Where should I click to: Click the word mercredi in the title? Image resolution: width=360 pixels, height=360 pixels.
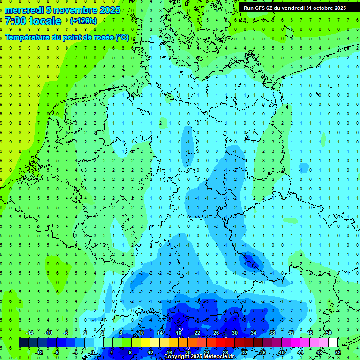(x=24, y=10)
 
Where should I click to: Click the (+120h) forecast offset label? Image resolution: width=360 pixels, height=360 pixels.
(x=83, y=21)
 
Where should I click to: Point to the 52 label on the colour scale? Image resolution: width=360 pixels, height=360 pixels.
(x=338, y=352)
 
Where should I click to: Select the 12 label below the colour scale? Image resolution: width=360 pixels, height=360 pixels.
(x=150, y=352)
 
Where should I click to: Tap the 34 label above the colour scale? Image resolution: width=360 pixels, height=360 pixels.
(x=254, y=333)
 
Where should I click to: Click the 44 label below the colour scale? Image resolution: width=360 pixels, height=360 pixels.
(x=300, y=352)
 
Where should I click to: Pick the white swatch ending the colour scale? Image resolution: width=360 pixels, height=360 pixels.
(x=333, y=343)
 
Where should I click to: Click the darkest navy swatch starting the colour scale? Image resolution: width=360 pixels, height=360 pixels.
(x=23, y=343)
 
